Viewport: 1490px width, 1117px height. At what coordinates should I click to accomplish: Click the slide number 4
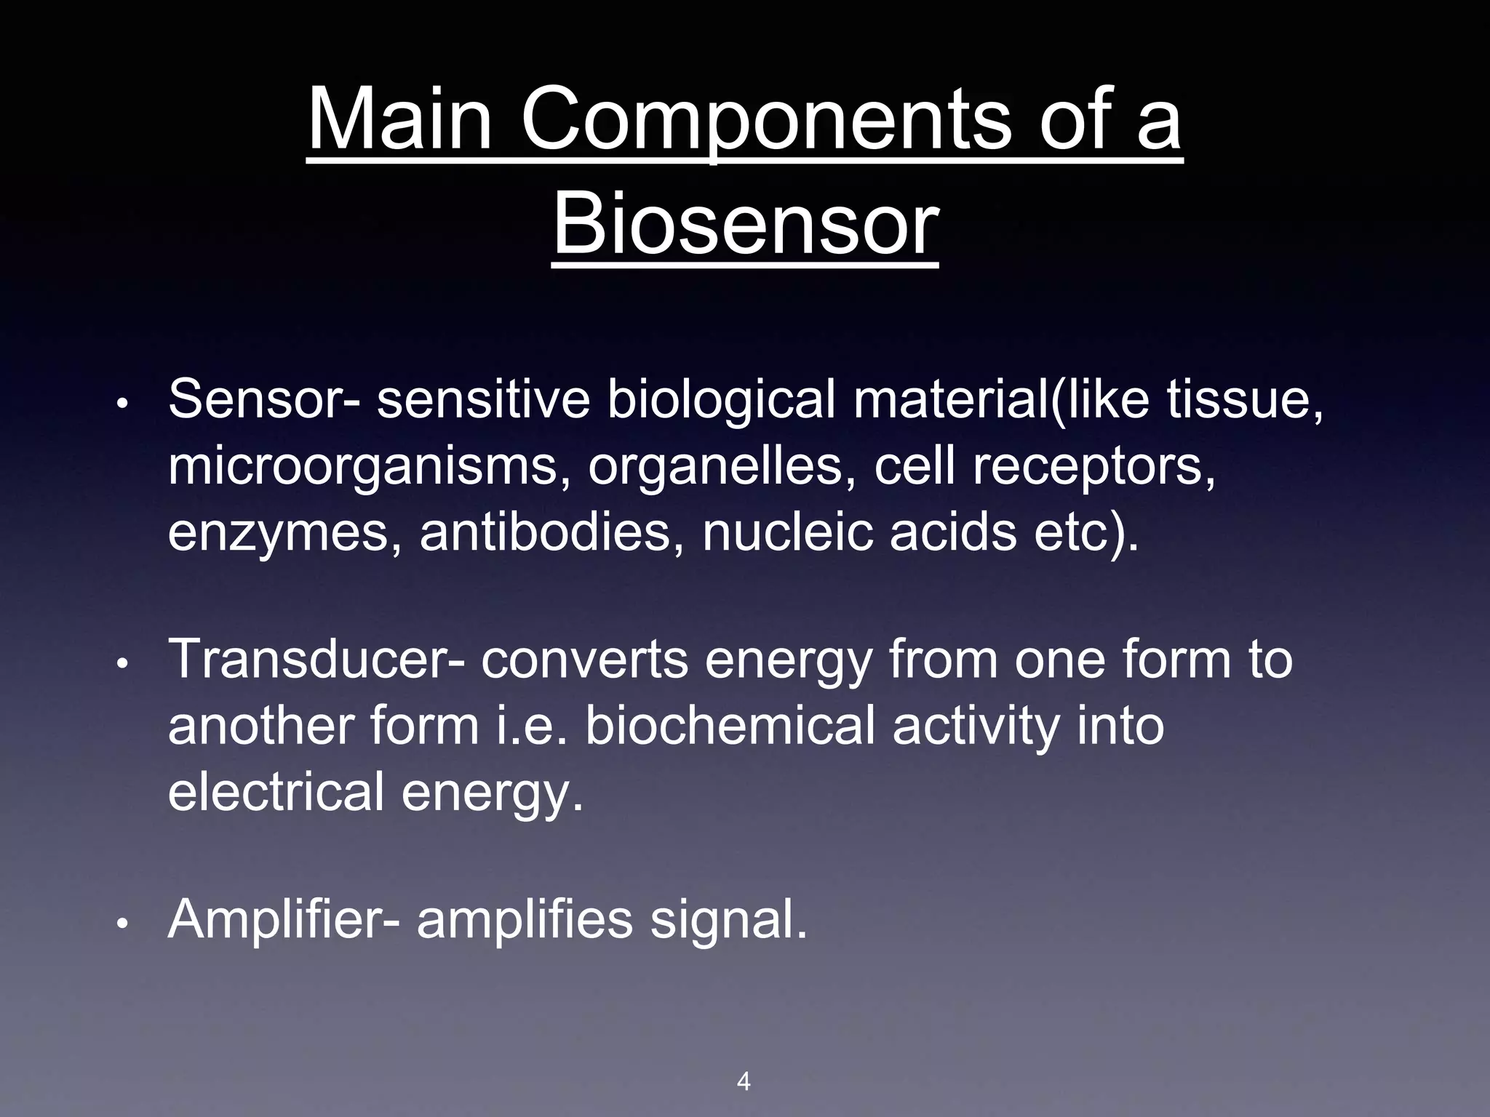point(743,1081)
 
